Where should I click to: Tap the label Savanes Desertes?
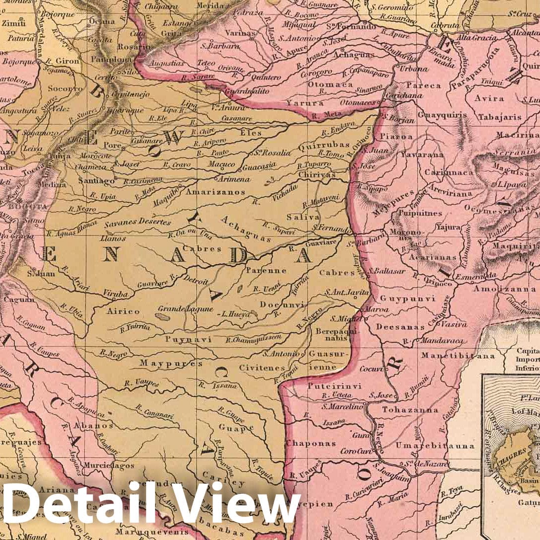coord(138,222)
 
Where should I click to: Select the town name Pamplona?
coord(118,59)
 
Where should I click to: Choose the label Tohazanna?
coord(410,410)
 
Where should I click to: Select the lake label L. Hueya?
coord(236,314)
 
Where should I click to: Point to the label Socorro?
coord(65,88)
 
